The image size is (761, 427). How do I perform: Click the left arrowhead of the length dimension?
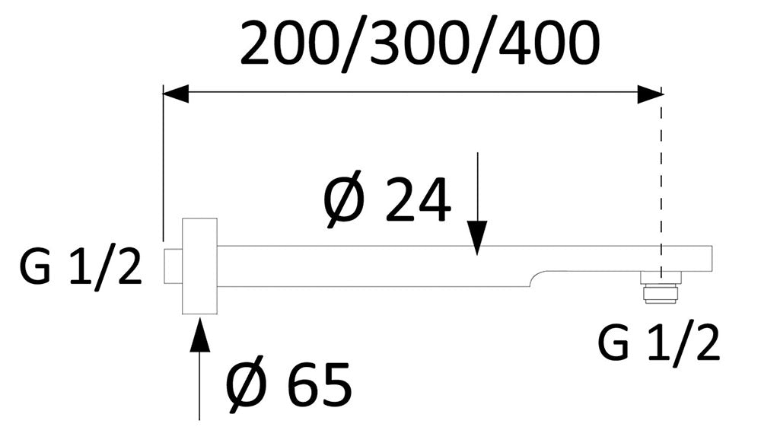pyautogui.click(x=175, y=94)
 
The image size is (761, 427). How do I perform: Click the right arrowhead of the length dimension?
pyautogui.click(x=650, y=94)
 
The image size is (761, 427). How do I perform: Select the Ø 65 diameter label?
pyautogui.click(x=289, y=384)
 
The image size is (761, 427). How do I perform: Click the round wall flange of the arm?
pyautogui.click(x=199, y=266)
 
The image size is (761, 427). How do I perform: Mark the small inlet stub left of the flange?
pyautogui.click(x=173, y=266)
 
